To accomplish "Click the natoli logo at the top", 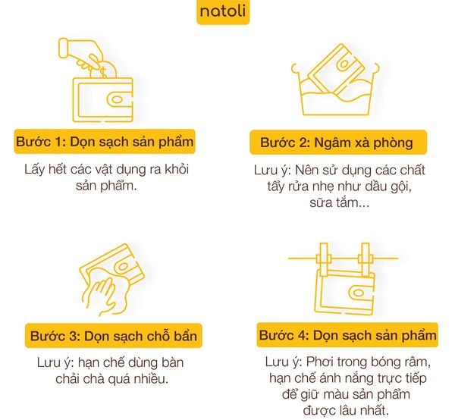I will [x=222, y=12].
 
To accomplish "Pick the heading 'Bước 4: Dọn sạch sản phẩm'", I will [x=347, y=335].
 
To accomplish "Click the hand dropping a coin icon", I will [x=80, y=50].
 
